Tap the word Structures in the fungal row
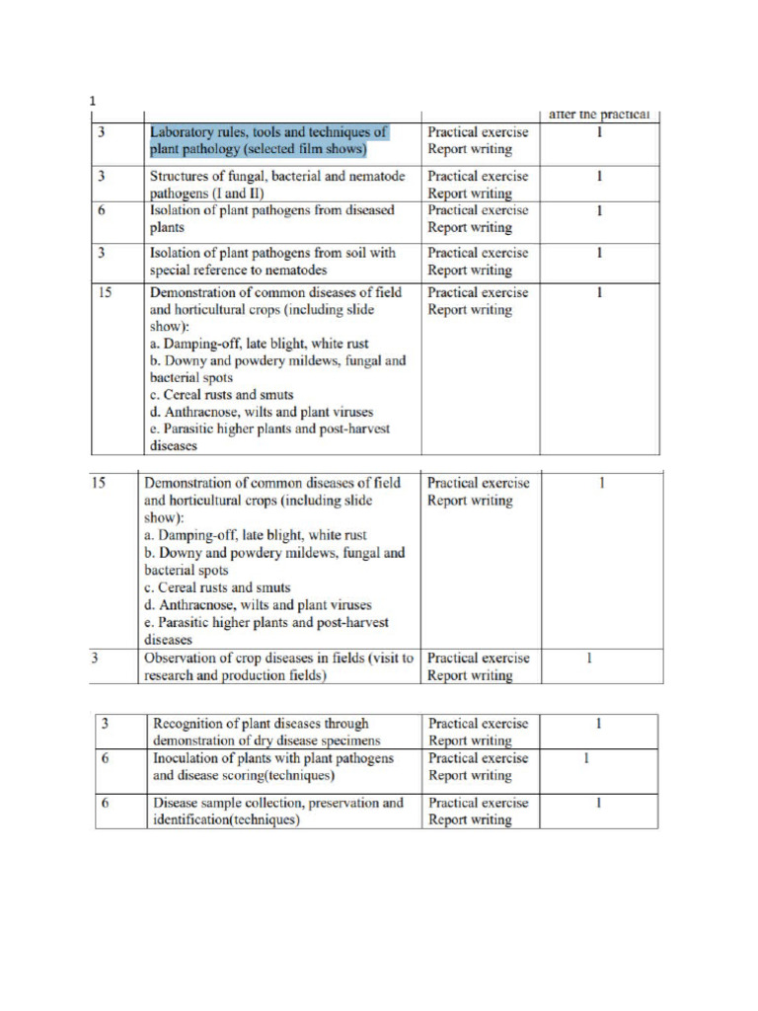point(181,176)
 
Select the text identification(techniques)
point(226,819)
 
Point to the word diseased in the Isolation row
point(366,210)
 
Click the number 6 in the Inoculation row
point(104,758)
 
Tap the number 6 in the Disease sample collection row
point(104,803)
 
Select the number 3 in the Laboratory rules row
point(102,132)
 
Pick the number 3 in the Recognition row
point(104,724)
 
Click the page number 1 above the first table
point(91,101)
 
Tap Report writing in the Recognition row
point(470,740)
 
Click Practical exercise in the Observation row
point(479,658)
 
